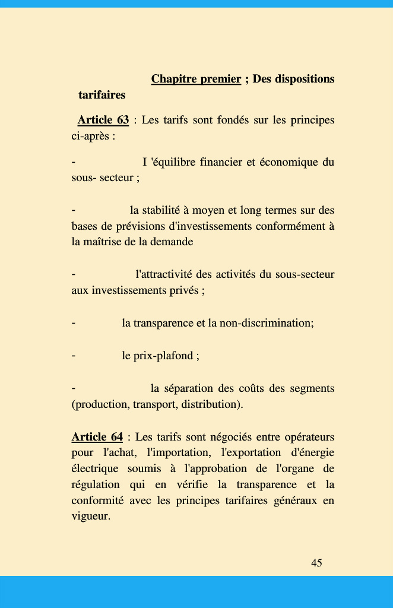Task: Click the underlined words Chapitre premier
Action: (196, 79)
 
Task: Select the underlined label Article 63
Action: (103, 120)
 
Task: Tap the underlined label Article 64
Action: (97, 437)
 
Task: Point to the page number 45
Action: (316, 563)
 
